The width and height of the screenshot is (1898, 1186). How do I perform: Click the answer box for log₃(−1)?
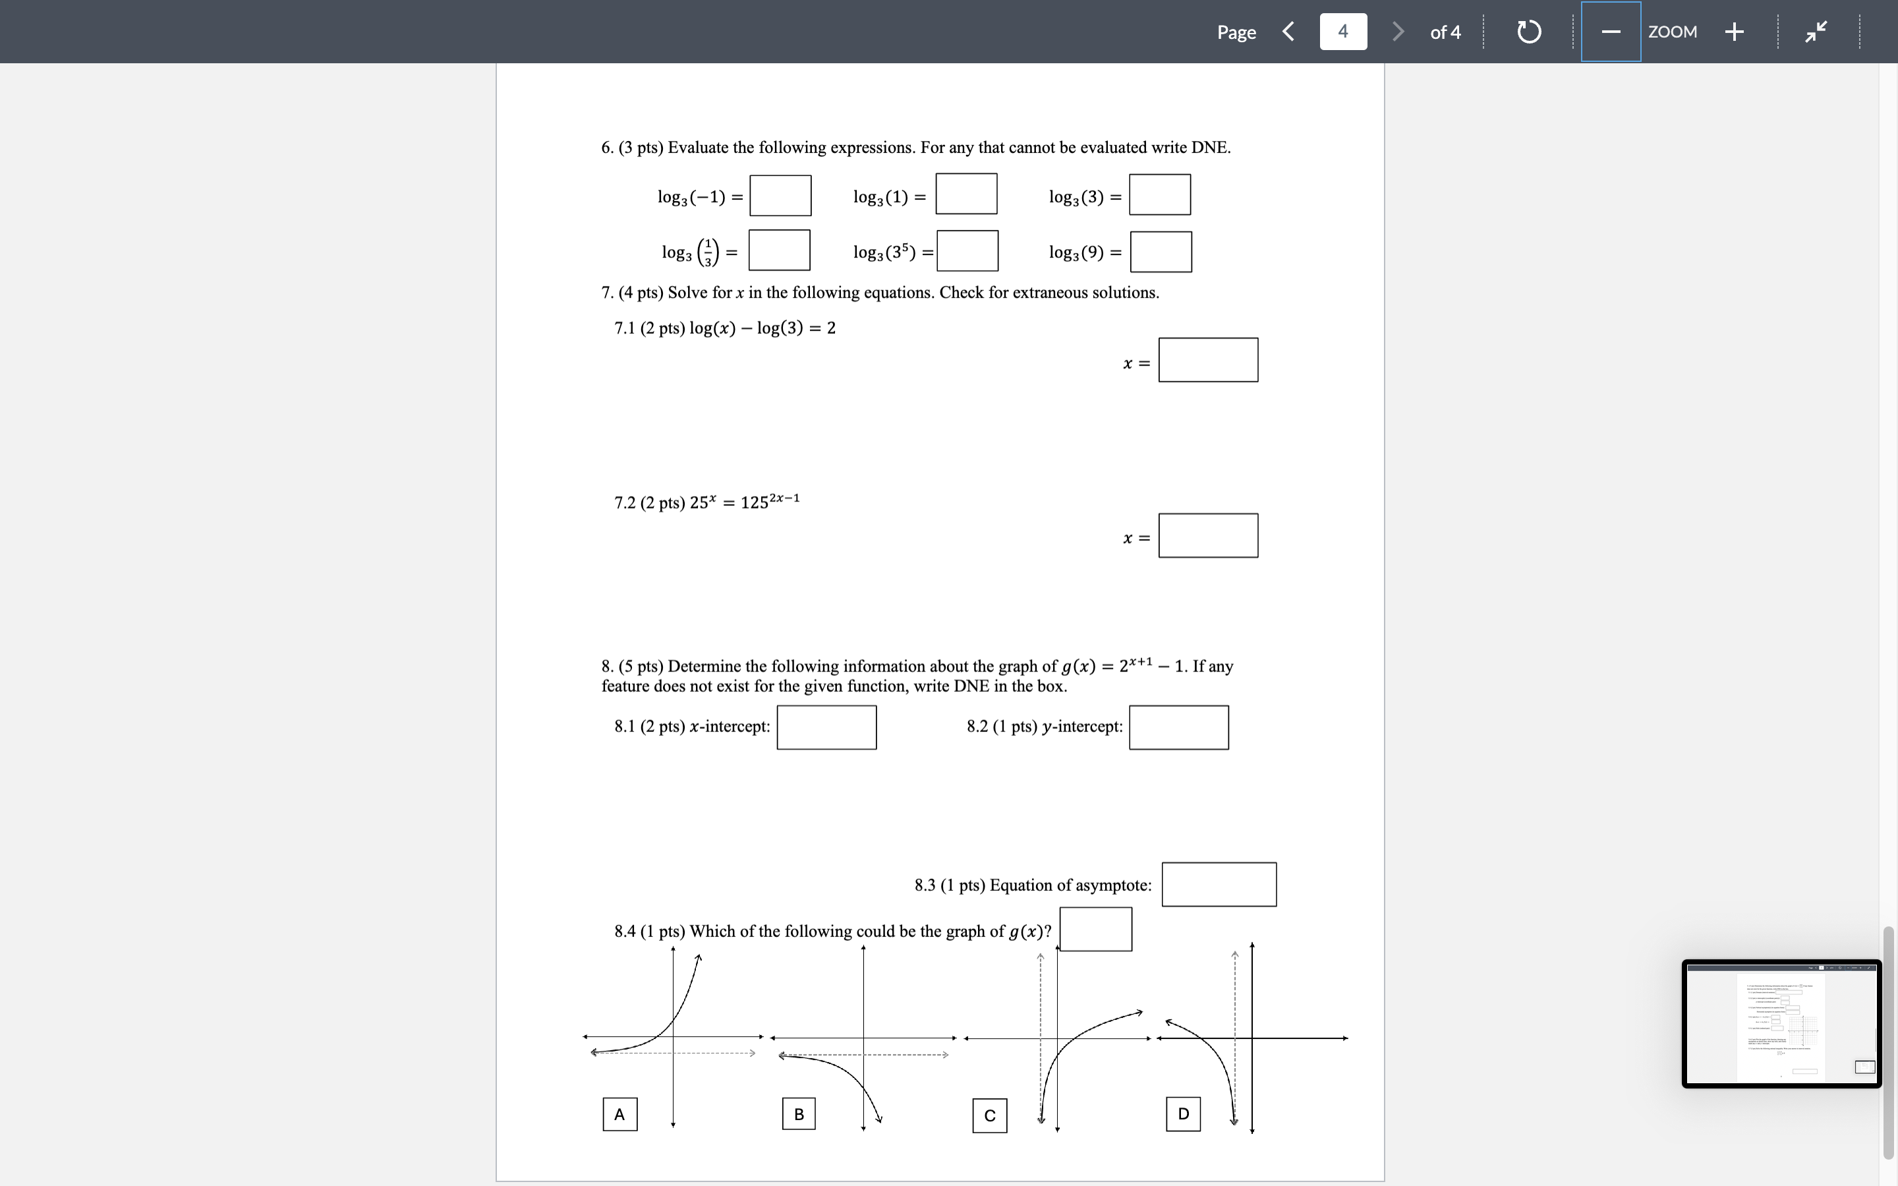pos(780,195)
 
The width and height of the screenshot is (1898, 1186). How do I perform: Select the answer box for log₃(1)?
pos(966,194)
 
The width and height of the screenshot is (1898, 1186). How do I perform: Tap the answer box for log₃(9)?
pos(1161,252)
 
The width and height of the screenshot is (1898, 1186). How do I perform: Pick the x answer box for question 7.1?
pos(1208,360)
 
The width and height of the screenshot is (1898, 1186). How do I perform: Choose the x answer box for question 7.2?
pos(1208,536)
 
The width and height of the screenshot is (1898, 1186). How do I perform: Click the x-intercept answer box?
pos(826,727)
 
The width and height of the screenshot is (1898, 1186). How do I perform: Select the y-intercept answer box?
pos(1179,727)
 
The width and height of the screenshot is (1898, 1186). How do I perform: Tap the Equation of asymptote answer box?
pos(1219,885)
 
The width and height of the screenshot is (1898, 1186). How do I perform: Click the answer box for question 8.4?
pos(1096,930)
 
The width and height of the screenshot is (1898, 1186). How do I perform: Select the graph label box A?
pos(619,1114)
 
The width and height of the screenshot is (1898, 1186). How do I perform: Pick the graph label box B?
pos(799,1114)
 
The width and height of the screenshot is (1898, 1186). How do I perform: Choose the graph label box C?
pos(990,1115)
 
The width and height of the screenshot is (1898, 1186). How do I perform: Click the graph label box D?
pos(1183,1114)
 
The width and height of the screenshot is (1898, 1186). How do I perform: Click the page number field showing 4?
pos(1342,32)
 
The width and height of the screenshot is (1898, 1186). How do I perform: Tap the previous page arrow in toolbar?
pos(1288,32)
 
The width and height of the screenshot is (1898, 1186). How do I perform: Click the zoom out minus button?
pos(1611,32)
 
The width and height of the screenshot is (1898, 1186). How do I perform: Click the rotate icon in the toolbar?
pos(1528,32)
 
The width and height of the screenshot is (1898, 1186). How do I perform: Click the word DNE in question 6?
pos(1209,148)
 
